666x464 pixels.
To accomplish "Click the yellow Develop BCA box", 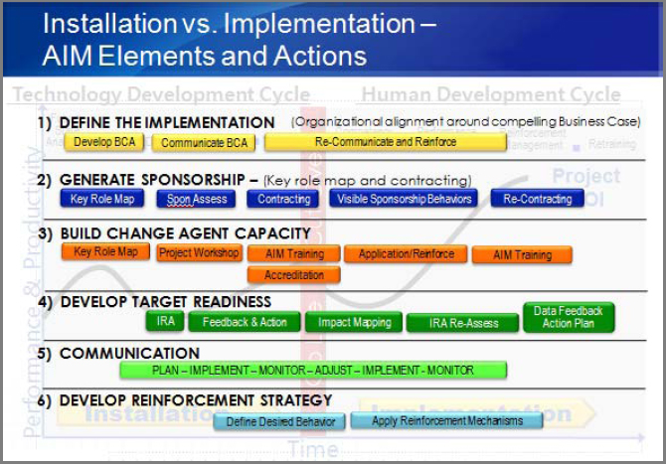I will tap(105, 142).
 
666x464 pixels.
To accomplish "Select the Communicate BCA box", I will tap(203, 142).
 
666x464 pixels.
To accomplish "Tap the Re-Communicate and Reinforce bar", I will tap(386, 142).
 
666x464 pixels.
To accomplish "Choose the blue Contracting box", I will tap(283, 199).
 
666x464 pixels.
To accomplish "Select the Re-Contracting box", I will tap(537, 199).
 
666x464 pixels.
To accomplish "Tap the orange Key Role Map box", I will tap(106, 252).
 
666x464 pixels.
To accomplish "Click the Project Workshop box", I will tap(199, 252).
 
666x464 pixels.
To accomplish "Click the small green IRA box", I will tap(165, 321).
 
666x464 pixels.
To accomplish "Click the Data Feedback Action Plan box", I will tap(569, 317).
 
